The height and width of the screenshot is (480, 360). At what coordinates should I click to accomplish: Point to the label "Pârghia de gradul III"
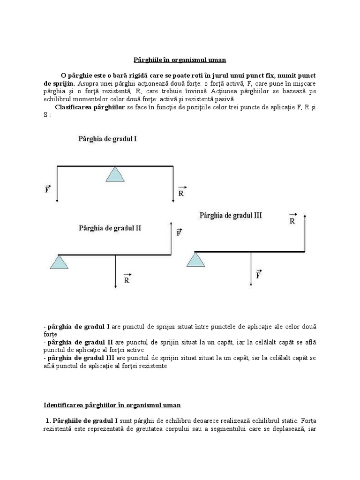tap(231, 216)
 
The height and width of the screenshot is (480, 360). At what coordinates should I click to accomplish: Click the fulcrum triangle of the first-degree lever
tap(115, 174)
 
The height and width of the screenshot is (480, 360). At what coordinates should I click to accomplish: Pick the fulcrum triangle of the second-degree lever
tap(59, 262)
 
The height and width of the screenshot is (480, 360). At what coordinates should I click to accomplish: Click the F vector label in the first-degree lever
tap(48, 190)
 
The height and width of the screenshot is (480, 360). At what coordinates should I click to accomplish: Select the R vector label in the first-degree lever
tap(182, 191)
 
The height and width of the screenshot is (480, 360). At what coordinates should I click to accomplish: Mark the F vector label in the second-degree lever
tap(179, 232)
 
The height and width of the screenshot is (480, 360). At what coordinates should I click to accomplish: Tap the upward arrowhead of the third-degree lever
tap(305, 216)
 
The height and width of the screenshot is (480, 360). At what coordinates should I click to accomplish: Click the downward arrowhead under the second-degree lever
tap(115, 286)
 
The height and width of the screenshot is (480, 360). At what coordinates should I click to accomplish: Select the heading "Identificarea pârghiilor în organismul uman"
tap(112, 405)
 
